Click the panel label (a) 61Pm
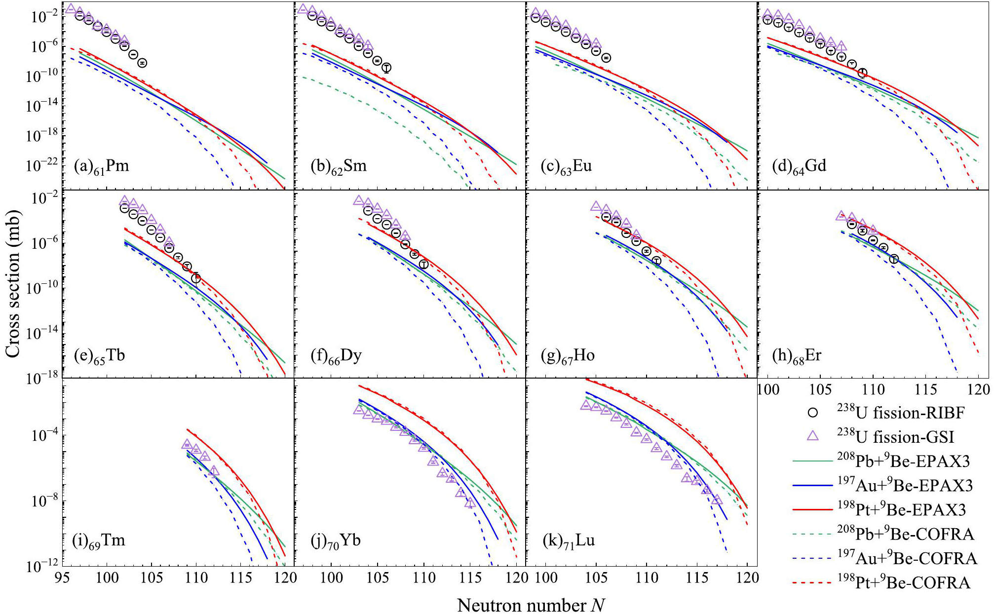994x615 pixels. click(101, 166)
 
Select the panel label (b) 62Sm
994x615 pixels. click(339, 166)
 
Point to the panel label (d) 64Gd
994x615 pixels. click(799, 166)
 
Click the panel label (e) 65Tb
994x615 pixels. click(99, 356)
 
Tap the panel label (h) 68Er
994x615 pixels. click(797, 356)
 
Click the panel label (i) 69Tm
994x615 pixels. click(99, 541)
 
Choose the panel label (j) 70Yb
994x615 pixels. click(336, 541)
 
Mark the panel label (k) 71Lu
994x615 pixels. click(569, 541)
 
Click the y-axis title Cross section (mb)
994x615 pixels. click(12, 283)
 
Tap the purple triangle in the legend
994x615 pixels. click(812, 436)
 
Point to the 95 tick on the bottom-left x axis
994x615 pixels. click(62, 577)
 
